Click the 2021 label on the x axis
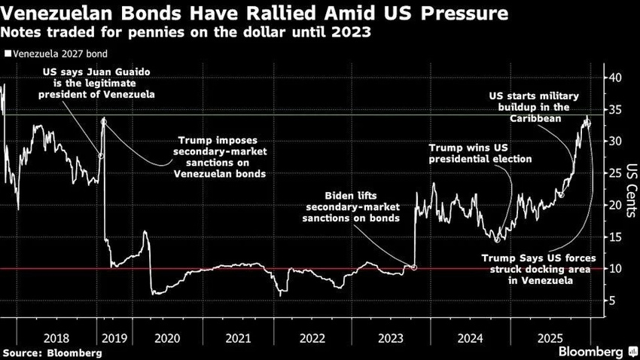pos(239,338)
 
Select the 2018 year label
pos(56,338)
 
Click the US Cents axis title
pos(632,191)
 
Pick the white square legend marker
pos(8,53)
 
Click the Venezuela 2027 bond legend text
pos(60,54)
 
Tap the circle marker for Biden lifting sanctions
pos(414,268)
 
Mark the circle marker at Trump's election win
pos(497,240)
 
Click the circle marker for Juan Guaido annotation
pos(101,156)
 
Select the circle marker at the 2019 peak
pos(104,122)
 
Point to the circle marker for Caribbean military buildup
pos(561,195)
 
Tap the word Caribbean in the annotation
pos(535,118)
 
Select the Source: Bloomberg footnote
pos(53,353)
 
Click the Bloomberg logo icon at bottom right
pos(632,352)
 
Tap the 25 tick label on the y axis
pos(614,173)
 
